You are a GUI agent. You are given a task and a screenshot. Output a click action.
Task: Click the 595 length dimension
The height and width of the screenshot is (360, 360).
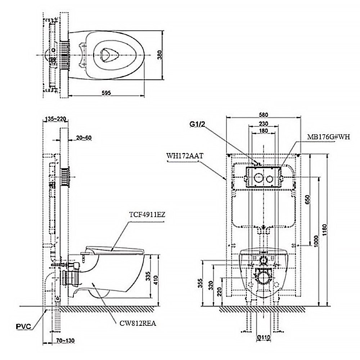pyautogui.click(x=106, y=93)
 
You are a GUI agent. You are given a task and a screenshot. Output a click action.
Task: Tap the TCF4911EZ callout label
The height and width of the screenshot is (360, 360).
pyautogui.click(x=147, y=215)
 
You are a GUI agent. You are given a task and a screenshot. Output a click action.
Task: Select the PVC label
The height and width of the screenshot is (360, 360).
pyautogui.click(x=23, y=327)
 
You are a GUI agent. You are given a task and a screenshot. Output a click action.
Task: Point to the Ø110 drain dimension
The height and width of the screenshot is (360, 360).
pyautogui.click(x=264, y=337)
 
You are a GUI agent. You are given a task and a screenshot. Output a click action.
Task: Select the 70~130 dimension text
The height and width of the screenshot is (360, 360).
pyautogui.click(x=65, y=340)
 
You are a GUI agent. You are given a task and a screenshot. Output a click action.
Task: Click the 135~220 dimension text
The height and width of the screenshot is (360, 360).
pyautogui.click(x=55, y=119)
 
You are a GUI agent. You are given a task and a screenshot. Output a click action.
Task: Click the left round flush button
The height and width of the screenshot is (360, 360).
pyautogui.click(x=258, y=177)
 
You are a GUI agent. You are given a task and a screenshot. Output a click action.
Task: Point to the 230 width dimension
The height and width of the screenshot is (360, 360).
pyautogui.click(x=264, y=123)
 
